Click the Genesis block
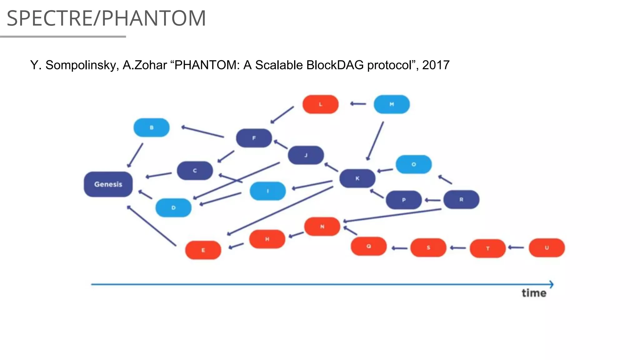click(x=108, y=184)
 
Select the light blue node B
click(x=152, y=127)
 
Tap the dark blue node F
click(x=254, y=138)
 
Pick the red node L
click(x=320, y=104)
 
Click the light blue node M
click(x=392, y=104)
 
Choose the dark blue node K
click(x=357, y=178)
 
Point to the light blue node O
click(x=413, y=164)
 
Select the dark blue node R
click(x=461, y=199)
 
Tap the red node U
click(x=547, y=248)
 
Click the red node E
click(x=203, y=250)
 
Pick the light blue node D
click(x=173, y=208)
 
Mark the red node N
click(x=322, y=227)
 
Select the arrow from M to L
click(x=358, y=104)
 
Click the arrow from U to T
click(x=516, y=247)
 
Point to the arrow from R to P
click(x=433, y=200)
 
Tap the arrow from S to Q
click(x=399, y=248)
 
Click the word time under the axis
click(x=534, y=293)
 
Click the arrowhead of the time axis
click(x=551, y=284)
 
